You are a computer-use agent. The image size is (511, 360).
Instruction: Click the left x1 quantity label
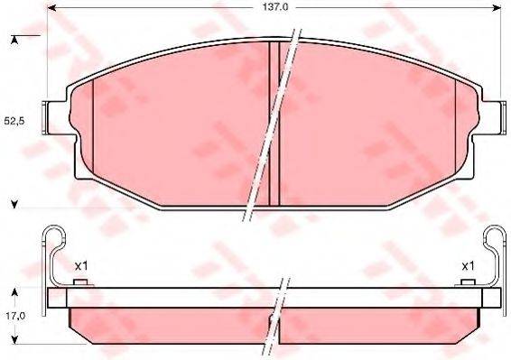(x=79, y=265)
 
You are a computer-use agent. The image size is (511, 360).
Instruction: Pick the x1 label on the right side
(x=468, y=265)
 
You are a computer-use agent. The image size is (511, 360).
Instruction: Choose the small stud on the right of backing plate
(x=468, y=284)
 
